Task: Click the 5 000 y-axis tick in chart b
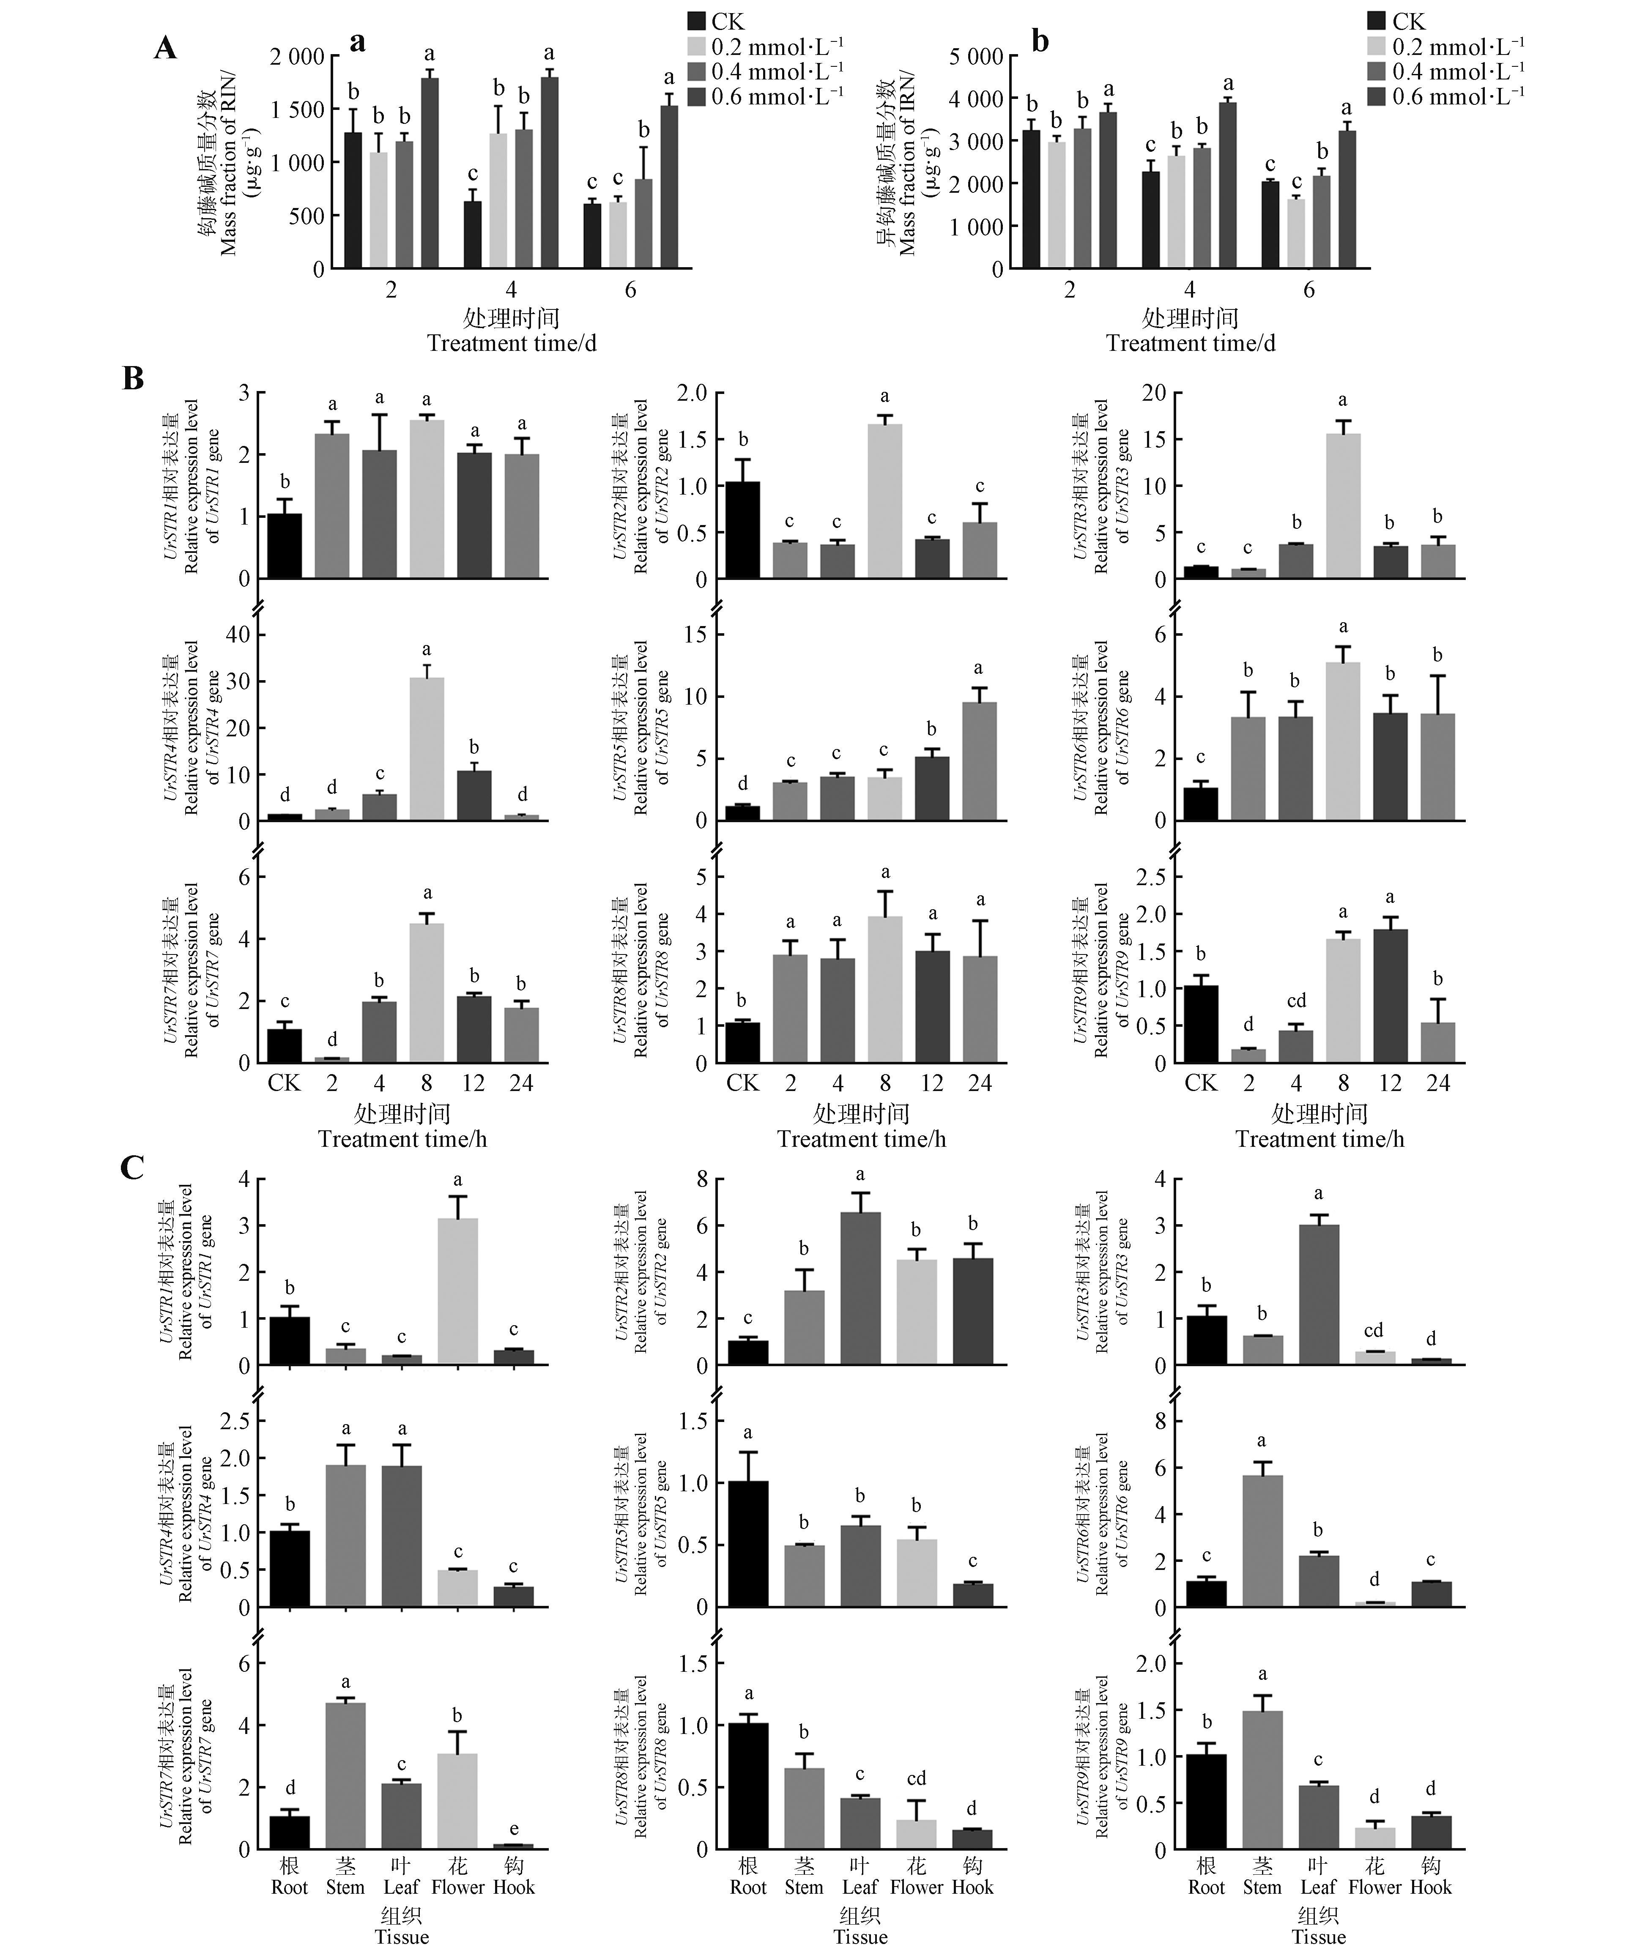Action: pos(976,56)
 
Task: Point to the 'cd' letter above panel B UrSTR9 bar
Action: pos(1296,1001)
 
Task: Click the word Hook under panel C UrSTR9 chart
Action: pos(1430,1886)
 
